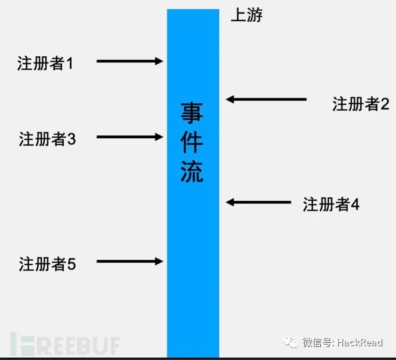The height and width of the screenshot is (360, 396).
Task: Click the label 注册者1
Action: pyautogui.click(x=45, y=62)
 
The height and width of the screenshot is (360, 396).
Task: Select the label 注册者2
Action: pyautogui.click(x=360, y=104)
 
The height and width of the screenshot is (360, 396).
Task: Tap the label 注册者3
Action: pyautogui.click(x=47, y=139)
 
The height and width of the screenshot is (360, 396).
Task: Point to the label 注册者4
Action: pyautogui.click(x=331, y=205)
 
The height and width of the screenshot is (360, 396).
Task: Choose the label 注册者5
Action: pyautogui.click(x=47, y=264)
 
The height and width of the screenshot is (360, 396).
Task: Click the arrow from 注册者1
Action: pyautogui.click(x=130, y=61)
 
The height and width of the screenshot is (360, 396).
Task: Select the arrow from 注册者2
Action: pyautogui.click(x=266, y=99)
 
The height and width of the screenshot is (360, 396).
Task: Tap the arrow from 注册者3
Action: pyautogui.click(x=130, y=137)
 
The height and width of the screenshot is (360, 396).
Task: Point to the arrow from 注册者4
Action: pyautogui.click(x=259, y=202)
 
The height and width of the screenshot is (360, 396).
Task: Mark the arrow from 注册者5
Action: pyautogui.click(x=130, y=261)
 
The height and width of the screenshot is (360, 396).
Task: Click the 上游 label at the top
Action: pyautogui.click(x=246, y=15)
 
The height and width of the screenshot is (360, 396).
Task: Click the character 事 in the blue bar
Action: pyautogui.click(x=192, y=113)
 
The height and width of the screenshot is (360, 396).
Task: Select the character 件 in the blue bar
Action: pyautogui.click(x=192, y=142)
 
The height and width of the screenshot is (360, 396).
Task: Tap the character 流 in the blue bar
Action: pyautogui.click(x=192, y=170)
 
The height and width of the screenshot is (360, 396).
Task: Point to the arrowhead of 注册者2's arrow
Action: pyautogui.click(x=230, y=99)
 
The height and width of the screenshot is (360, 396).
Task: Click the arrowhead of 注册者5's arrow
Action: pyautogui.click(x=160, y=261)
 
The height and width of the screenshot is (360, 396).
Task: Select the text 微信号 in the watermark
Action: pyautogui.click(x=317, y=343)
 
